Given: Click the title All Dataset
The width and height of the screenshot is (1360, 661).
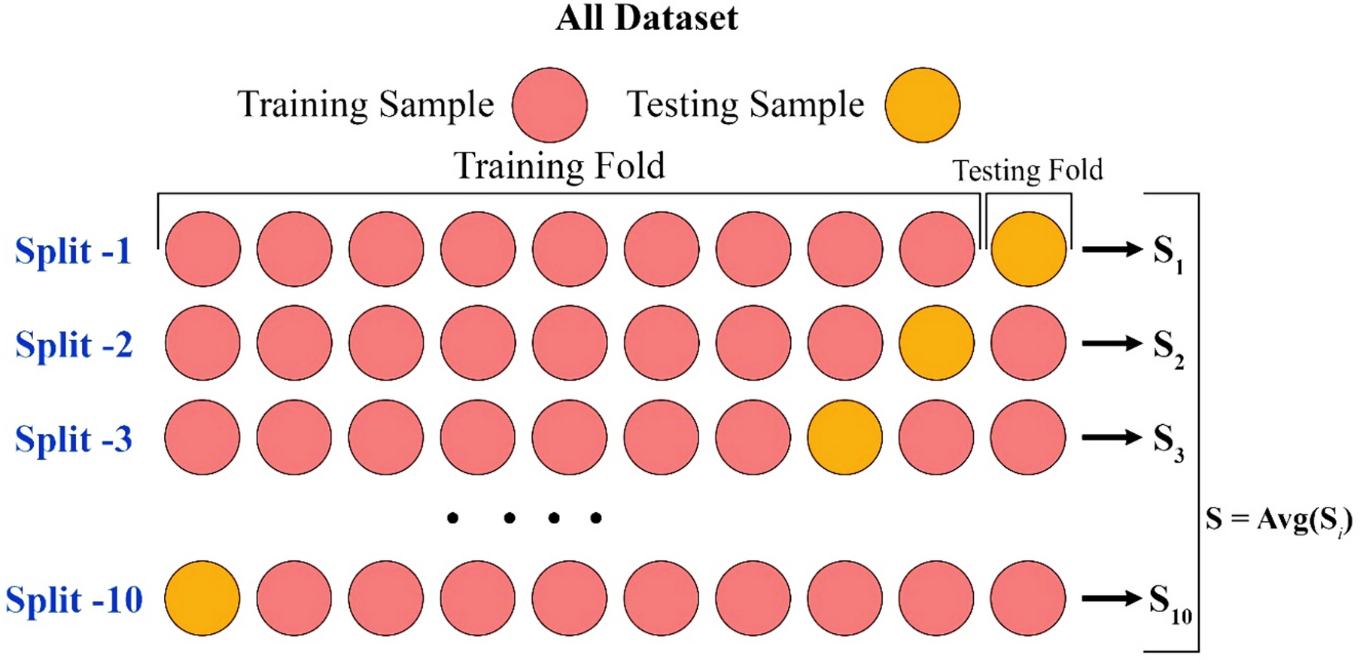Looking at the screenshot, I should click(647, 18).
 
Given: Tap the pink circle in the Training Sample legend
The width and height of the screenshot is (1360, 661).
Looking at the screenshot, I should click(549, 105).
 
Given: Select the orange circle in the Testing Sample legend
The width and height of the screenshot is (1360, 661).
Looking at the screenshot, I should click(922, 105).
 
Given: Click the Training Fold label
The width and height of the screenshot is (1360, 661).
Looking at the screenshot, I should click(559, 165).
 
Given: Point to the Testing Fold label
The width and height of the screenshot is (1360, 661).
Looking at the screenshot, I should click(1027, 170).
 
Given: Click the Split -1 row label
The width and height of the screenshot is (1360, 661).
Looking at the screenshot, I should click(73, 250).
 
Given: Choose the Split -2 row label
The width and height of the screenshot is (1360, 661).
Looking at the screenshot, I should click(74, 344).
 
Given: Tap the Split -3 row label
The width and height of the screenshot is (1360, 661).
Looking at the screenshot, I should click(74, 438).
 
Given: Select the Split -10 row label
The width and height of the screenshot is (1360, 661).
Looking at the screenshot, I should click(74, 599).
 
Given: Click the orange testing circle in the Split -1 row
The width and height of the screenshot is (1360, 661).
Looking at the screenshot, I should click(1028, 249).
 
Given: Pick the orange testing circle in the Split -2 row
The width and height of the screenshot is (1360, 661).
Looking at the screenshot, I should click(936, 343).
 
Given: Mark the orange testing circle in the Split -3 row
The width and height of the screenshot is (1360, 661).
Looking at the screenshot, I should click(844, 437).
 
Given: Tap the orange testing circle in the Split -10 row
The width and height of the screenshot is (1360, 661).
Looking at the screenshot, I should click(202, 598).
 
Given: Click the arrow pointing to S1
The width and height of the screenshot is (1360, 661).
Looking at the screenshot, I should click(1112, 249).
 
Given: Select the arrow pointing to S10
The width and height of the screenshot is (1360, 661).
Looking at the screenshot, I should click(1112, 599).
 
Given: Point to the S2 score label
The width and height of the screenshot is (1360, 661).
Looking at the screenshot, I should click(1168, 348).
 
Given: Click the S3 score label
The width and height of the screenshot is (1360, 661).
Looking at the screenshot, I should click(1168, 442).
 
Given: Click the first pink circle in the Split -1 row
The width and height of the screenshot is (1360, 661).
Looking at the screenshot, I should click(202, 249).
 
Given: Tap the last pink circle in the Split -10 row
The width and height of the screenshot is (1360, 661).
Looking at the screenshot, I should click(1028, 598).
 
